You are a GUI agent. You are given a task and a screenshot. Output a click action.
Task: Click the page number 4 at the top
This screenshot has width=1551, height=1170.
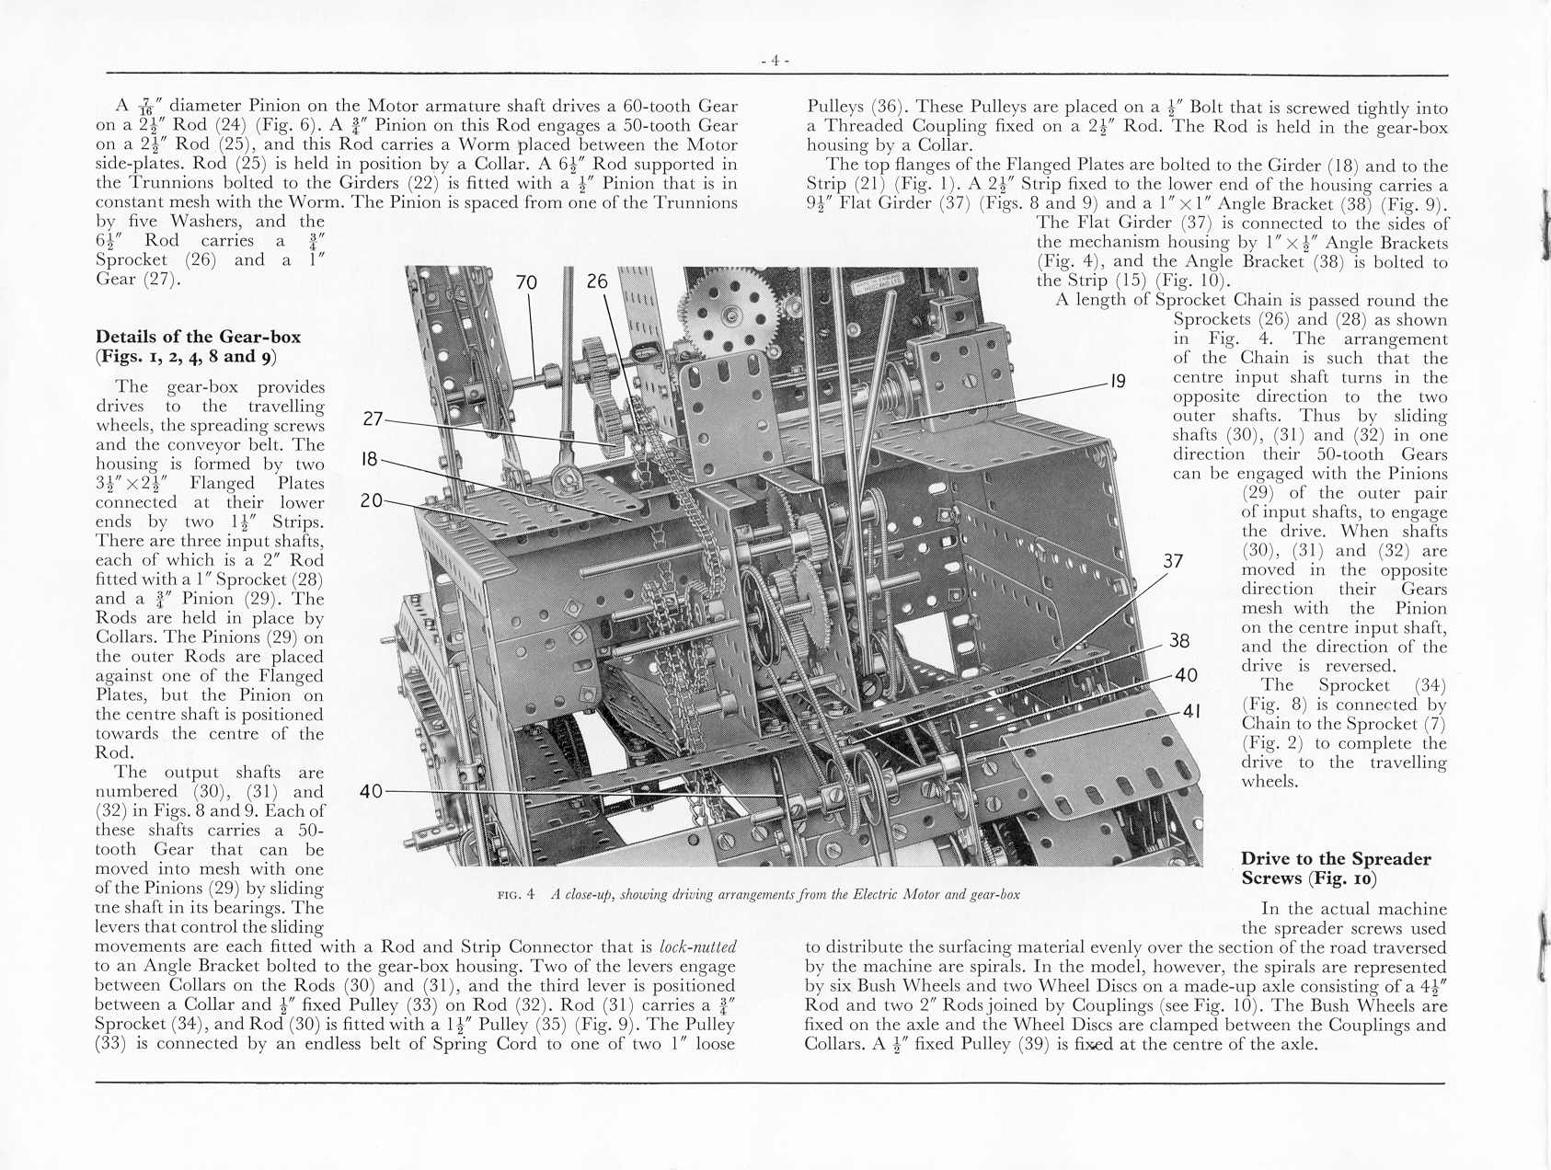[x=775, y=61]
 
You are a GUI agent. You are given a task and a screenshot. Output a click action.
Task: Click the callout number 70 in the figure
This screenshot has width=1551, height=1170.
[x=526, y=282]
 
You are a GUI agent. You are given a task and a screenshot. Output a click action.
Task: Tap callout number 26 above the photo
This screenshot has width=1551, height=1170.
[x=597, y=281]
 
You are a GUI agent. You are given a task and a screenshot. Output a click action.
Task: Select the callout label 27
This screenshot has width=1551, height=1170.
[x=373, y=419]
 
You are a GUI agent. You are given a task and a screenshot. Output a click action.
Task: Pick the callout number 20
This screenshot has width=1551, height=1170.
[x=371, y=501]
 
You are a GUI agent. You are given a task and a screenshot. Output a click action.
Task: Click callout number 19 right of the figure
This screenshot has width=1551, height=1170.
[x=1118, y=381]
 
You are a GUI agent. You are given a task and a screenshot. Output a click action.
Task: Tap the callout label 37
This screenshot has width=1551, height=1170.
[x=1173, y=561]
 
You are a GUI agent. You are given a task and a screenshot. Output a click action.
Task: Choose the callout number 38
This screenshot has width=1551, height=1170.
[x=1179, y=641]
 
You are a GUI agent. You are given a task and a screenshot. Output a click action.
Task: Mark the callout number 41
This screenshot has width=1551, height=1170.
[x=1191, y=711]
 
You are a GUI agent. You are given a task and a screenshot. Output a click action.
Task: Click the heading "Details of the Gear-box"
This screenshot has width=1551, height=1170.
[x=198, y=337]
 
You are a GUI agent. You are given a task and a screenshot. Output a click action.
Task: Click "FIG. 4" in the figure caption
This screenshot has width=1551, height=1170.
[x=515, y=894]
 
